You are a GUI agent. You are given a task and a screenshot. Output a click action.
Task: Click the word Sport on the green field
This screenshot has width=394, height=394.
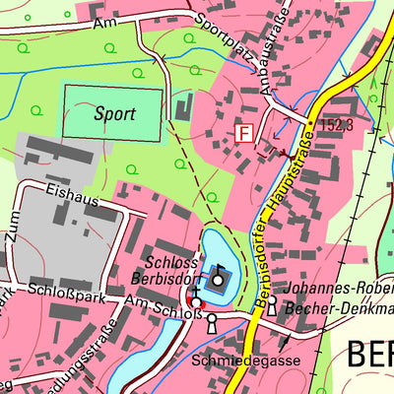(x=114, y=113)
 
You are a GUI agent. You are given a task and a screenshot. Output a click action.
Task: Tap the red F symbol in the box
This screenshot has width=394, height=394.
(x=243, y=132)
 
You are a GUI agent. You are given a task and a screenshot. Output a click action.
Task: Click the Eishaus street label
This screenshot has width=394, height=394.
(x=71, y=199)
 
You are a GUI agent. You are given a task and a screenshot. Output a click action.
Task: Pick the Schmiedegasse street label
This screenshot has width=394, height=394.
(x=234, y=360)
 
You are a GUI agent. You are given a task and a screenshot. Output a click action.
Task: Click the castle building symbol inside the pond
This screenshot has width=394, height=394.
(x=218, y=281)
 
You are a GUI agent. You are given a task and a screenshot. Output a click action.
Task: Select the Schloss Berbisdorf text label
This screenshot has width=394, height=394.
(x=174, y=270)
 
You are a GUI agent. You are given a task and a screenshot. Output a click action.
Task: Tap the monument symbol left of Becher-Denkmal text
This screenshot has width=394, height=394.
(x=272, y=307)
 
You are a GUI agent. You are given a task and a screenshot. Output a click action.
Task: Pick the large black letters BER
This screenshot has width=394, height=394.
(x=371, y=357)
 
